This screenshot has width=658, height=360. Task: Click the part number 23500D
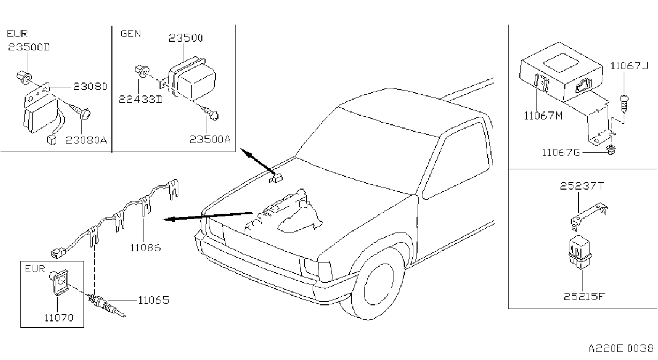[x=29, y=47]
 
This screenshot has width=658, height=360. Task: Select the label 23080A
[x=86, y=140]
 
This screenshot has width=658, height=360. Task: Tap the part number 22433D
[x=141, y=99]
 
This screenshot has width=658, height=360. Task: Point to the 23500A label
[x=210, y=139]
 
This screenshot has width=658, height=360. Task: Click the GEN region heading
[x=131, y=34]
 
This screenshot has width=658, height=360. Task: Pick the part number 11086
[x=146, y=247]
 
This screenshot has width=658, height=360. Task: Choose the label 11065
[x=154, y=300]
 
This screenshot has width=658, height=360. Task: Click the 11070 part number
[x=59, y=318]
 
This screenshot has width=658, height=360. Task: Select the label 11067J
[x=629, y=66]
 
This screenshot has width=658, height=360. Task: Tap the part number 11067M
[x=543, y=116]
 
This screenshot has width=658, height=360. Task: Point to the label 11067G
[x=561, y=153]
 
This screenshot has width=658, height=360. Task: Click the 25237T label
[x=581, y=186]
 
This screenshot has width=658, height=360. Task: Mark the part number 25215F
[x=585, y=297]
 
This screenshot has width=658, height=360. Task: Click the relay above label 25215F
[x=580, y=252]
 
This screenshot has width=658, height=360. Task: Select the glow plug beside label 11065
[x=107, y=306]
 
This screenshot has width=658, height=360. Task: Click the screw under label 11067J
[x=623, y=102]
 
